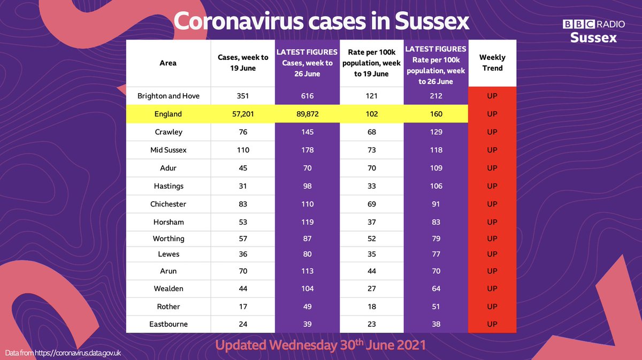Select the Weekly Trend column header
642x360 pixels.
(x=492, y=63)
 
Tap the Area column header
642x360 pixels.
(x=168, y=63)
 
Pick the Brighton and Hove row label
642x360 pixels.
(x=168, y=96)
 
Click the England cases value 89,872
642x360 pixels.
(x=307, y=114)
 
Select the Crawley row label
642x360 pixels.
(x=168, y=132)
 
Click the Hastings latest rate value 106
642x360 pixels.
(x=436, y=186)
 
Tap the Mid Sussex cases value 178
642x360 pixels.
(x=307, y=150)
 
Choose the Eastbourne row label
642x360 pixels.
(x=168, y=324)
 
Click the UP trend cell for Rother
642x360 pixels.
(x=492, y=307)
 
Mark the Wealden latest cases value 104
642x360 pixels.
(x=307, y=289)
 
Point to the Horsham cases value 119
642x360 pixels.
(x=307, y=222)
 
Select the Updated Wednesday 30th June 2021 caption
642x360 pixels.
(x=320, y=345)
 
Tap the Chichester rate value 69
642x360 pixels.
(x=371, y=204)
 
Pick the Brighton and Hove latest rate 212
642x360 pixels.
(x=436, y=96)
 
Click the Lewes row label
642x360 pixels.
(x=168, y=254)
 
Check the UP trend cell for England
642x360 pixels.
(x=492, y=114)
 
